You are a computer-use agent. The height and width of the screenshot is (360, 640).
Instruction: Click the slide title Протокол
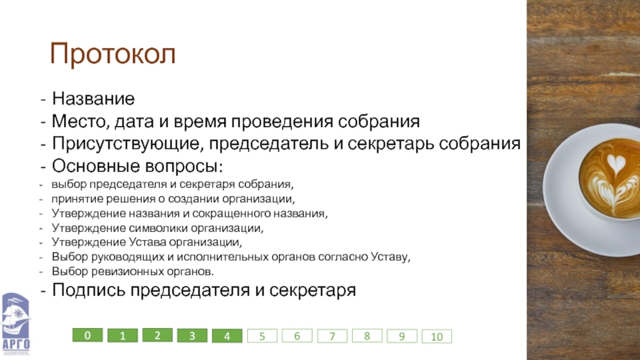click(113, 54)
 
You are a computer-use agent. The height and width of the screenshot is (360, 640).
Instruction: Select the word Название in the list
click(93, 98)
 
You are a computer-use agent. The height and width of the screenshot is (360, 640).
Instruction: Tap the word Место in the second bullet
click(81, 122)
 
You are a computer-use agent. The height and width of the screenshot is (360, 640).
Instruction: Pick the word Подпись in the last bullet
click(89, 290)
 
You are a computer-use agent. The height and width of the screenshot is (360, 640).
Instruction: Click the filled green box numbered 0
click(87, 335)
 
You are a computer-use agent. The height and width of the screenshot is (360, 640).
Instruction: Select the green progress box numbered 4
click(227, 336)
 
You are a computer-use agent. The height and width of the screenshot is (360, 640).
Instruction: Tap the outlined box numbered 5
click(262, 336)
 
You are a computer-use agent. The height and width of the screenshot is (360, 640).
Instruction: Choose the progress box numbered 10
click(437, 336)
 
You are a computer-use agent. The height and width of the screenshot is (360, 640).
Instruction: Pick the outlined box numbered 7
click(332, 336)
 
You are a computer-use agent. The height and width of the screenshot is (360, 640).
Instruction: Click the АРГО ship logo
click(15, 322)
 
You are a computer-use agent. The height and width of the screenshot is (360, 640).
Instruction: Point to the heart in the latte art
click(616, 163)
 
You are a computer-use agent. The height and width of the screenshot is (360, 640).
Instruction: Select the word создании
click(194, 198)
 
